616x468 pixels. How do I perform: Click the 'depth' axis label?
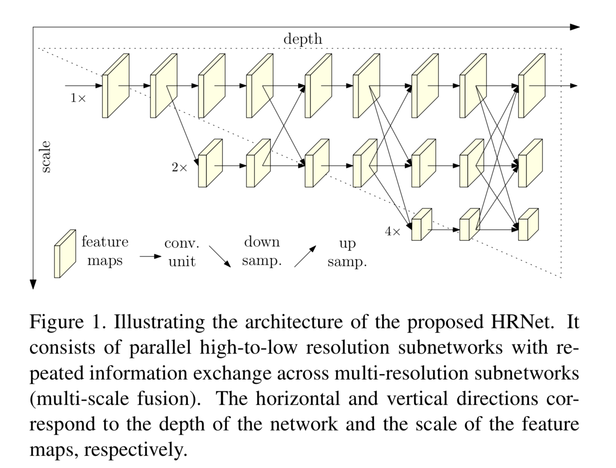(303, 39)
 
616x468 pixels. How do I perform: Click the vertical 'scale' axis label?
(45, 157)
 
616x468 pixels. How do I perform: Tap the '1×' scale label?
(78, 98)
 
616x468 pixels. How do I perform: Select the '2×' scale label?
(180, 167)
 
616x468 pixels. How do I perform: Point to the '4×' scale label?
(393, 231)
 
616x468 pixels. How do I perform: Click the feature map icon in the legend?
(65, 254)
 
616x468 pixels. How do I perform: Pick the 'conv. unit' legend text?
(182, 252)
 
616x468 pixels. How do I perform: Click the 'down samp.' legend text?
(262, 251)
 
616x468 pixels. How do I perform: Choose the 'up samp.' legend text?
(347, 252)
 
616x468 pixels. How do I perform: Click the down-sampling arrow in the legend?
(220, 256)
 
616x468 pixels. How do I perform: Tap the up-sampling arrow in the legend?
(305, 256)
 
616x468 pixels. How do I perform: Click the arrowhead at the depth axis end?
(575, 27)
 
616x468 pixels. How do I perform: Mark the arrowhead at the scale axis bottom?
(33, 284)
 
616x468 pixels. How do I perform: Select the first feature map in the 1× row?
(115, 86)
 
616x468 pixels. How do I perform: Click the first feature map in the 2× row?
(210, 163)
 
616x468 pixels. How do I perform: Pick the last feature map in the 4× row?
(528, 224)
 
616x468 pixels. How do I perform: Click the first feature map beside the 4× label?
(421, 224)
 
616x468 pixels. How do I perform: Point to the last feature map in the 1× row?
(532, 86)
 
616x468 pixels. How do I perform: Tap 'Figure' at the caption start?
(56, 322)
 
